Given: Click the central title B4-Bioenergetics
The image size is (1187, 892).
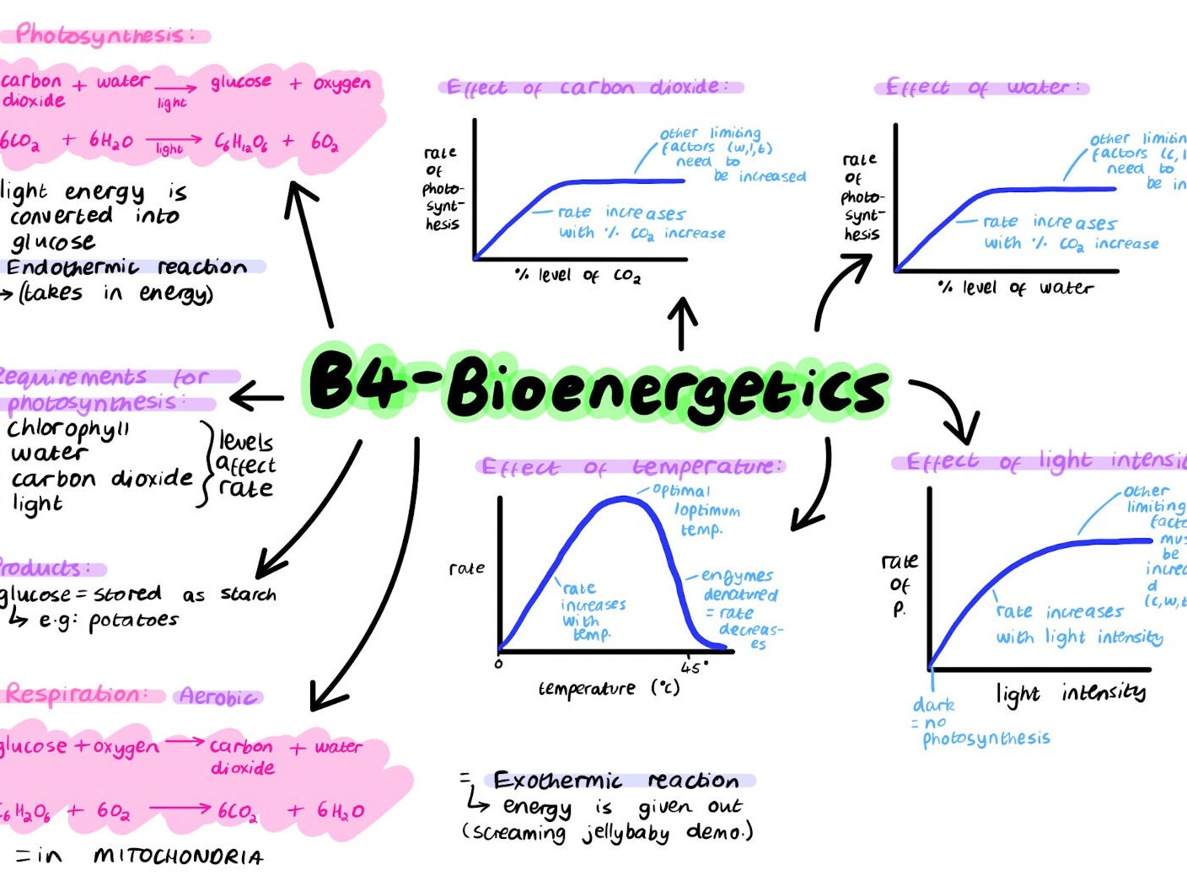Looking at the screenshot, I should [x=597, y=388].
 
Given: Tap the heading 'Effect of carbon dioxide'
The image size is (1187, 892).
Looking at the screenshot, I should [x=590, y=87].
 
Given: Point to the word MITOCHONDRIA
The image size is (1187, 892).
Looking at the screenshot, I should [x=179, y=857].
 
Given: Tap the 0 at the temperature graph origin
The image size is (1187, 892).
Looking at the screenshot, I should [x=498, y=664].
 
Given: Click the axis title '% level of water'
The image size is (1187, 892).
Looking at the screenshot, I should [x=1015, y=288].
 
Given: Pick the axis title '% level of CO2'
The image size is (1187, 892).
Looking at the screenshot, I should [x=577, y=276].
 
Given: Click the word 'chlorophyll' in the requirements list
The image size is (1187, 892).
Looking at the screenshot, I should [x=69, y=430].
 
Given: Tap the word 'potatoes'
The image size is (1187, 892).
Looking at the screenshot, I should [x=133, y=621].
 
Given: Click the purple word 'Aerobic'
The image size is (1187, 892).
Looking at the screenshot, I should [x=218, y=697].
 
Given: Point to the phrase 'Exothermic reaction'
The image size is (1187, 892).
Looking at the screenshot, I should [x=616, y=780].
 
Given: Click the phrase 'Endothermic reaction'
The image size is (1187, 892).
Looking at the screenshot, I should [x=126, y=267].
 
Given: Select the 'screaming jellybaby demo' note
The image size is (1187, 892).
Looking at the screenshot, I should [x=607, y=833].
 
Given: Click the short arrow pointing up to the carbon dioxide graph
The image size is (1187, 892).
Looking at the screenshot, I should [x=682, y=323].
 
